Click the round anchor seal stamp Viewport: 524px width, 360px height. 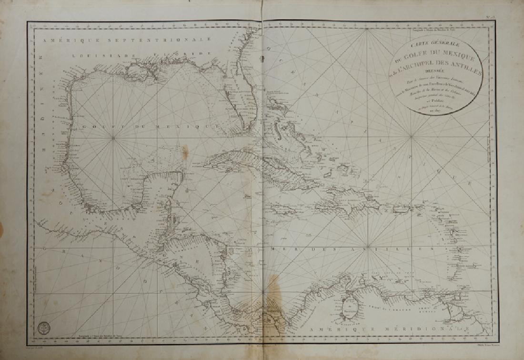pyautogui.click(x=43, y=329)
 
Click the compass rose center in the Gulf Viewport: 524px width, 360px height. pyautogui.click(x=114, y=139)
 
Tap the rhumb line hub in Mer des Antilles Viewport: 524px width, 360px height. pyautogui.click(x=262, y=291)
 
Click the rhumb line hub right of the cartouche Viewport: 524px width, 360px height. pyautogui.click(x=412, y=138)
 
